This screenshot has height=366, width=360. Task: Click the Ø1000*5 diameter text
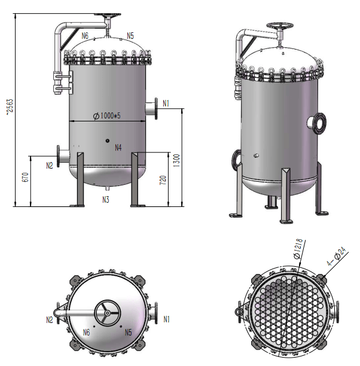point(108,116)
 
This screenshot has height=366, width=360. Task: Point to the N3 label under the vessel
point(105,199)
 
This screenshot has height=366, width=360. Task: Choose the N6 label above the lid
point(85,36)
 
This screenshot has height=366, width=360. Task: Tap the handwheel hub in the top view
point(105,311)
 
